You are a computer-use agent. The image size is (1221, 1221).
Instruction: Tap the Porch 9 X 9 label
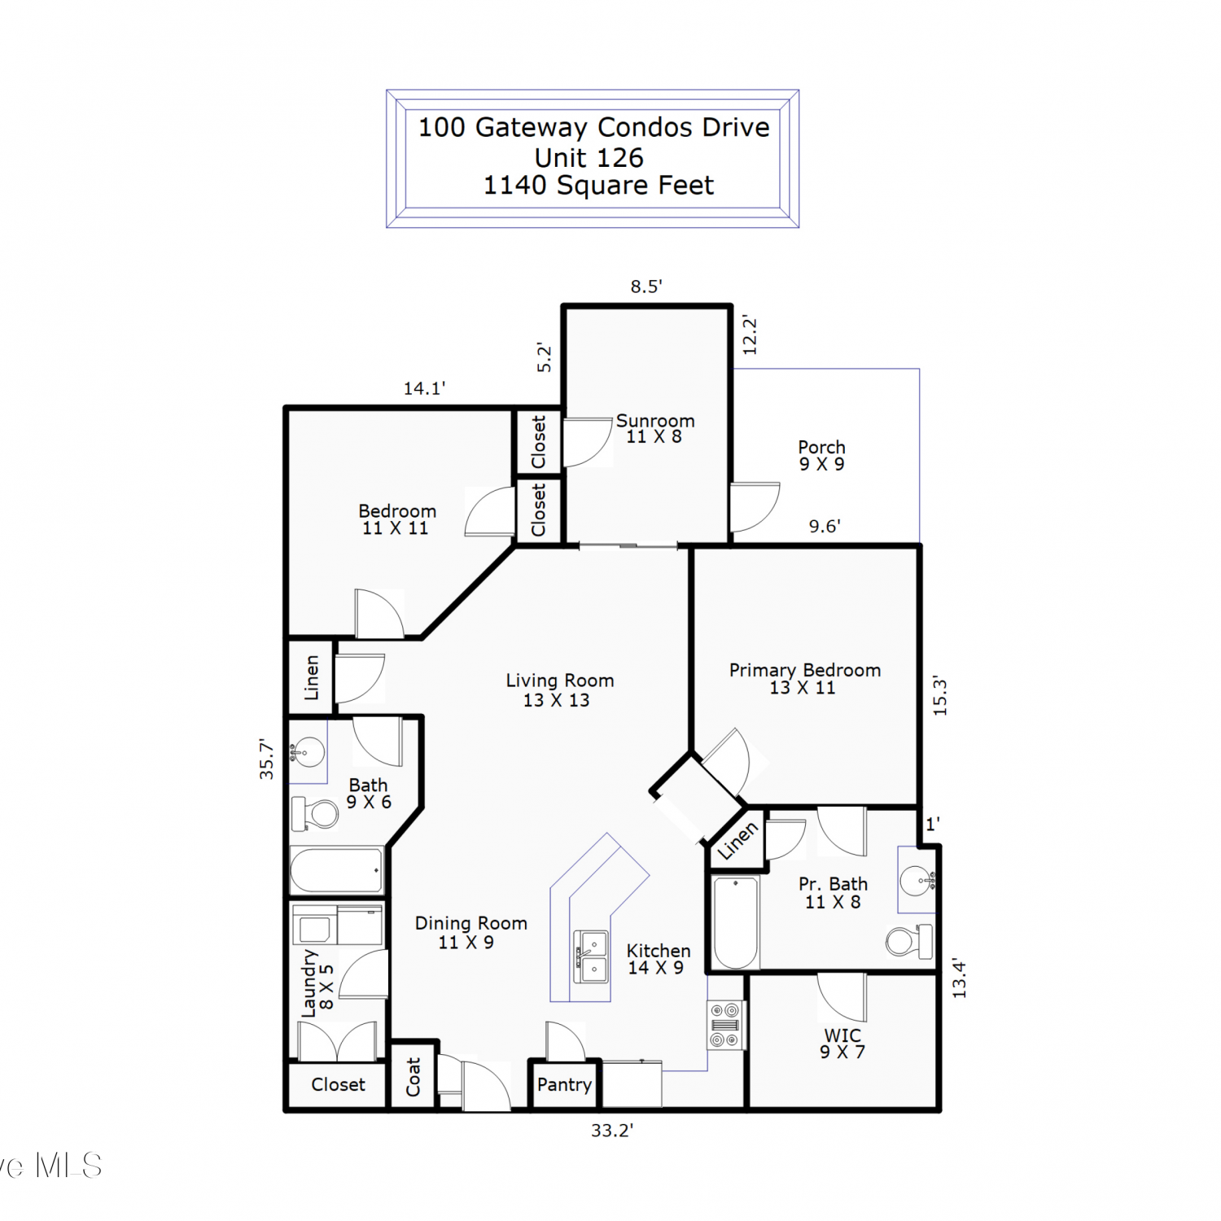coord(821,456)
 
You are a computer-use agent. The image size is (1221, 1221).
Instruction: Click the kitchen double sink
coord(591,956)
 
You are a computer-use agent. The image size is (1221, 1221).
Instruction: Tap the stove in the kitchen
coord(724,1025)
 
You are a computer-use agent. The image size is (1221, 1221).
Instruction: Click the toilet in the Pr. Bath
coord(909,941)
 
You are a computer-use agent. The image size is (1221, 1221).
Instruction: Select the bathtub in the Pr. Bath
coord(736,922)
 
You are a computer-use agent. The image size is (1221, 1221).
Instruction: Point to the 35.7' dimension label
coord(266,759)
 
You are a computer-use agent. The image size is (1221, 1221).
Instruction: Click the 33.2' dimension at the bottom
coord(612,1130)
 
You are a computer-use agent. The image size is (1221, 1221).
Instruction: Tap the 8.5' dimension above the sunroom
coord(646,287)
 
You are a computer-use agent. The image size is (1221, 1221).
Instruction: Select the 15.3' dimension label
coord(940,695)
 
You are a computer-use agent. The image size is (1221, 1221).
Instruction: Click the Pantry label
coord(564,1084)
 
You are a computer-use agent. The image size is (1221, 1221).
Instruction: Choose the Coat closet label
coord(414,1076)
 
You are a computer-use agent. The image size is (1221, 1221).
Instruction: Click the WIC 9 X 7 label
coord(842,1044)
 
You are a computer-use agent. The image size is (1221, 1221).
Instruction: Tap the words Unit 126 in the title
coord(589,157)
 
